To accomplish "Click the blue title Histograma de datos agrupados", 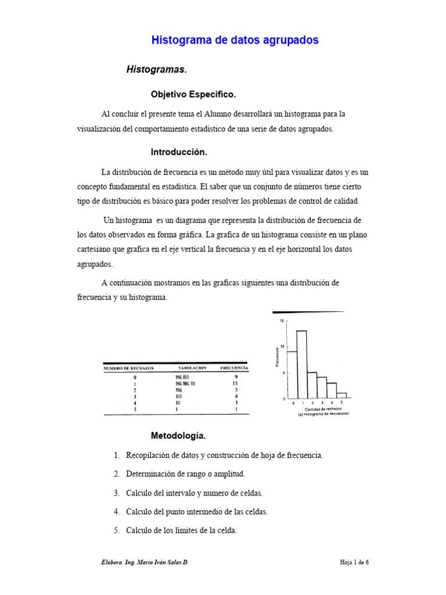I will pyautogui.click(x=235, y=40).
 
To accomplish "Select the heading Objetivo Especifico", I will pyautogui.click(x=193, y=94).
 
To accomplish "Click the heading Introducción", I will pyautogui.click(x=179, y=152).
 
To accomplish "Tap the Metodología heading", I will pyautogui.click(x=178, y=435).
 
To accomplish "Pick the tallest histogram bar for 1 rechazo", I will pyautogui.click(x=301, y=364).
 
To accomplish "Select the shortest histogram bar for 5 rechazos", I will pyautogui.click(x=341, y=396).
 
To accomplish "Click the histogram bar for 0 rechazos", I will pyautogui.click(x=292, y=375).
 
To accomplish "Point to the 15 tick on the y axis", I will pyautogui.click(x=282, y=320).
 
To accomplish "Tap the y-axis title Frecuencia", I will pyautogui.click(x=277, y=356).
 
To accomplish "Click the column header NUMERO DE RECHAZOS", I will pyautogui.click(x=129, y=368).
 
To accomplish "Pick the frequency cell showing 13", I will pyautogui.click(x=235, y=383).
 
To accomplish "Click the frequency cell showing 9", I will pyautogui.click(x=235, y=377).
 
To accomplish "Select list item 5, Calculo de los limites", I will pyautogui.click(x=181, y=530).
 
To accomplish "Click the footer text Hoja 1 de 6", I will pyautogui.click(x=354, y=562).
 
